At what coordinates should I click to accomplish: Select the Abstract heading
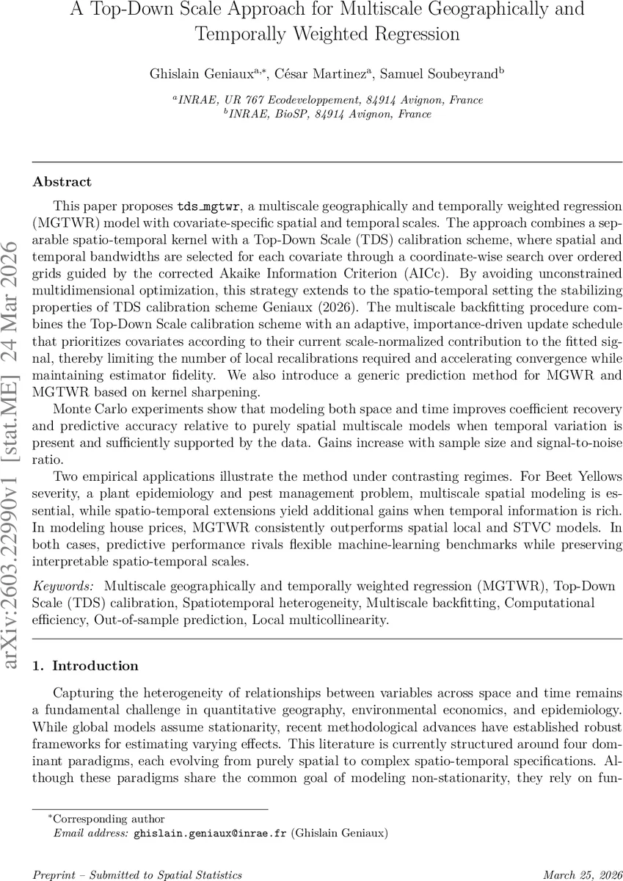pyautogui.click(x=62, y=182)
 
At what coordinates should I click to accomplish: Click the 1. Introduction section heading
pyautogui.click(x=86, y=666)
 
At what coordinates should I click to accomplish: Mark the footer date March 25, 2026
pyautogui.click(x=581, y=874)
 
